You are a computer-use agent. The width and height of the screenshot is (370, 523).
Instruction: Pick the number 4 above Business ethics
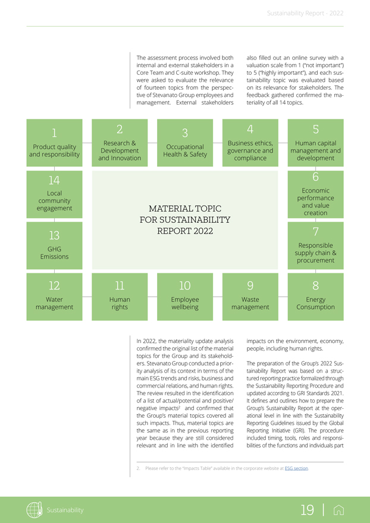(250, 129)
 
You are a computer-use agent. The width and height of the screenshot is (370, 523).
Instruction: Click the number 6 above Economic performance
(315, 177)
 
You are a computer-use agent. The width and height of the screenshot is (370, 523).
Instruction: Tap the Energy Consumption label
(315, 304)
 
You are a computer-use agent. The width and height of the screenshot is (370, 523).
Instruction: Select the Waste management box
(250, 296)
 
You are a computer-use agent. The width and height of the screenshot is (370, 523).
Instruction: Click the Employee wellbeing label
(185, 304)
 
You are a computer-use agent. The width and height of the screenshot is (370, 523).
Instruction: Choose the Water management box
(55, 296)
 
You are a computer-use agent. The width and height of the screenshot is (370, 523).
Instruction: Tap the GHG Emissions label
(55, 253)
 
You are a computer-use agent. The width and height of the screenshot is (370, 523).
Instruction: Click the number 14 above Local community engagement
(55, 180)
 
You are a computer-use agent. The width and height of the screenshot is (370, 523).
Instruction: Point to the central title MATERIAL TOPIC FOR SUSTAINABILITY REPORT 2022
(185, 219)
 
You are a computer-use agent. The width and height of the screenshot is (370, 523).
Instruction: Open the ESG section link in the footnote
(296, 468)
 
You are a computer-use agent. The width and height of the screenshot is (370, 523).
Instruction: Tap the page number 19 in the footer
(308, 510)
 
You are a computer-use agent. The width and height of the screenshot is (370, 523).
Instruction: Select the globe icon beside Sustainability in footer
(33, 510)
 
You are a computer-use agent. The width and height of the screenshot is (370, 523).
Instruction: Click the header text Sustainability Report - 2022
(305, 12)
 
